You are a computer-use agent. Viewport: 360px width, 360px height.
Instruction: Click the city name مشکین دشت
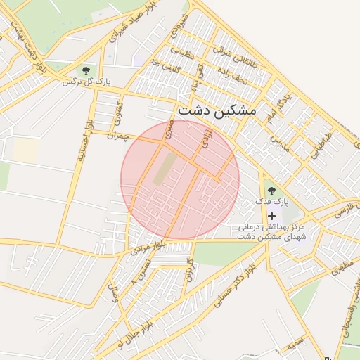(217, 110)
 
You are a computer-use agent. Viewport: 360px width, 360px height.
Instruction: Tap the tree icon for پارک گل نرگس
(86, 70)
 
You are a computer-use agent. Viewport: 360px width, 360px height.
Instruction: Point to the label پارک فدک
(272, 202)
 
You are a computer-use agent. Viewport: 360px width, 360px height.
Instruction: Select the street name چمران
(120, 134)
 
